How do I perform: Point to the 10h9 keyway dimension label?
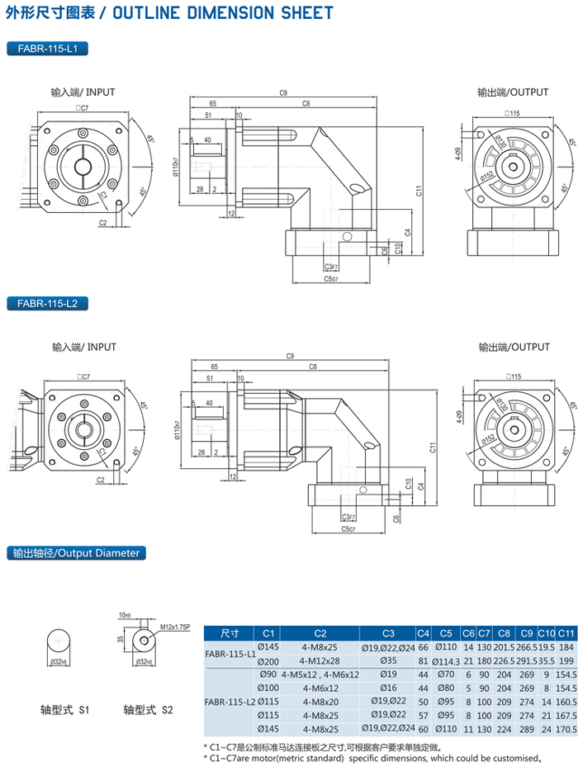[x=125, y=615]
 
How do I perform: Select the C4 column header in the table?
[x=424, y=634]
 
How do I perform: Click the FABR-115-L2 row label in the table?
[x=230, y=703]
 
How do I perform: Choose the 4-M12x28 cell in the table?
[x=320, y=661]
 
